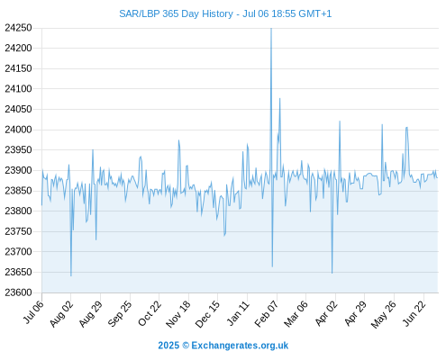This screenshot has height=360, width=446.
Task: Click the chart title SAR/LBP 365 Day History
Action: click(176, 13)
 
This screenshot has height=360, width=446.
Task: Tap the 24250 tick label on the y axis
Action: click(18, 28)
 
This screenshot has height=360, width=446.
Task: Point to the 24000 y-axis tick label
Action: click(18, 130)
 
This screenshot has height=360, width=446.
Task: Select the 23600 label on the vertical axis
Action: click(18, 292)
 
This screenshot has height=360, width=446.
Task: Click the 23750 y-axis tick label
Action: click(18, 231)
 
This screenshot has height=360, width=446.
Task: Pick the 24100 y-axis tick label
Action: click(18, 89)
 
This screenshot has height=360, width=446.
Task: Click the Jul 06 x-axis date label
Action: click(33, 312)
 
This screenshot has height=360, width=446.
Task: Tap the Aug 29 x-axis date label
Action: click(91, 314)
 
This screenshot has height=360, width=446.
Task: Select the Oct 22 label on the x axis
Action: click(150, 314)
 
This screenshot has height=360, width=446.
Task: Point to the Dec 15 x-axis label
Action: click(207, 314)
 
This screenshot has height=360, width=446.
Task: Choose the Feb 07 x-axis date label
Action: click(267, 314)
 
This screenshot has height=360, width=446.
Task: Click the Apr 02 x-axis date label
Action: click(326, 314)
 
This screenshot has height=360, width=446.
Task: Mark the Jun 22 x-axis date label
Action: click(414, 314)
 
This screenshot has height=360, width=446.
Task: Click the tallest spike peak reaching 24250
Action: click(271, 29)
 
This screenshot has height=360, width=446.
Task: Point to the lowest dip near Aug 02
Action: click(71, 275)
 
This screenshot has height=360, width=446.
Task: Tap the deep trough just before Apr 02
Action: click(332, 273)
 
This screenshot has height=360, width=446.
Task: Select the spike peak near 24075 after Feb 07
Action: click(279, 99)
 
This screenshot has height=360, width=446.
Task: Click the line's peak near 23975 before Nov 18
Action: click(178, 140)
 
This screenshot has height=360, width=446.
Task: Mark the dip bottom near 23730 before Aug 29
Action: click(96, 239)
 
